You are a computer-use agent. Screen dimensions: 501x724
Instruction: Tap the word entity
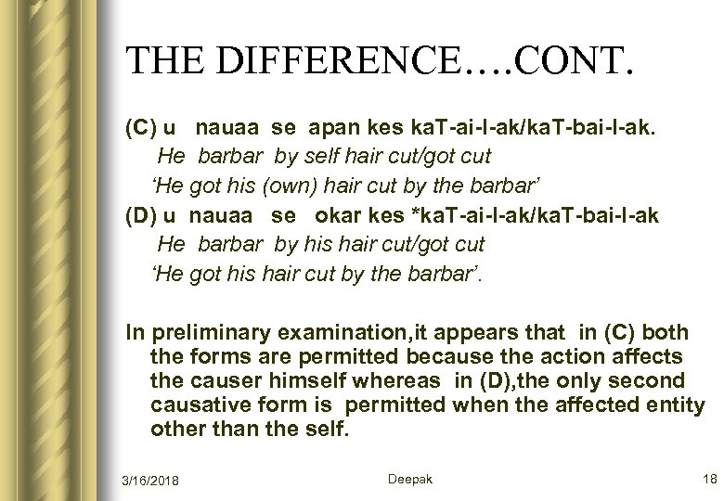pos(676,405)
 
